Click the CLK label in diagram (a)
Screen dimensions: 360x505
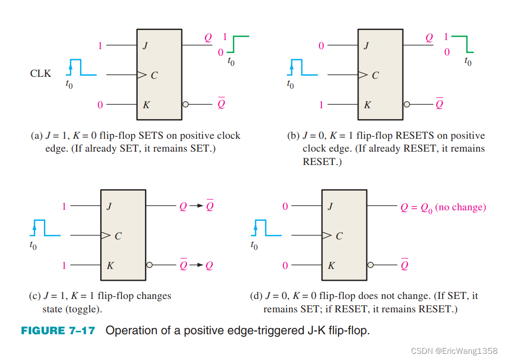click(x=41, y=74)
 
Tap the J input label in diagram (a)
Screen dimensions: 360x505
click(x=145, y=46)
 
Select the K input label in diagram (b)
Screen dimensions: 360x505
click(x=367, y=105)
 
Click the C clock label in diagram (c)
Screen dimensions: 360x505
click(x=118, y=236)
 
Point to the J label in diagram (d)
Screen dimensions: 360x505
click(x=330, y=206)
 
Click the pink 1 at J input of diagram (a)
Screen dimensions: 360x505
click(x=100, y=46)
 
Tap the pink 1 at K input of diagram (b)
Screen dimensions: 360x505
click(x=321, y=105)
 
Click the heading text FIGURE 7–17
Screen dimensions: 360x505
click(x=58, y=330)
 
